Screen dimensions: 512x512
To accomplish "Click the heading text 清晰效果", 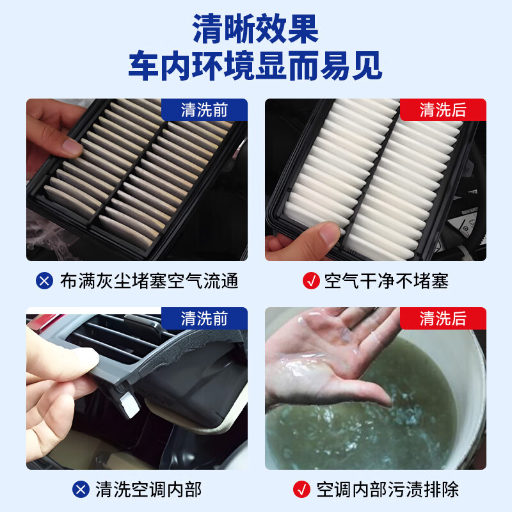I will click(x=255, y=29).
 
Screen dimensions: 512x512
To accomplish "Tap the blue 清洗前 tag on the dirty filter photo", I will click(x=204, y=109).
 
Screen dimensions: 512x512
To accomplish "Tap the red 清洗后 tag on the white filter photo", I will click(x=443, y=109).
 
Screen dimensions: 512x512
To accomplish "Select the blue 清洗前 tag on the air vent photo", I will click(x=204, y=318).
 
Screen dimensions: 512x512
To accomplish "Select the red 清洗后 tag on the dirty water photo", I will click(x=443, y=318).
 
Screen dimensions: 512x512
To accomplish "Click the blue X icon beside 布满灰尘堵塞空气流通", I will click(x=44, y=281).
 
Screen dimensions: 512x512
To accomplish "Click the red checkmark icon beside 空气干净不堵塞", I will click(x=310, y=281).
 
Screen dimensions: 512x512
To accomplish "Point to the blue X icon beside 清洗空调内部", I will click(x=81, y=490).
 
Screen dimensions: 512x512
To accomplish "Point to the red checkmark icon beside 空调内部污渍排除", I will click(x=301, y=490).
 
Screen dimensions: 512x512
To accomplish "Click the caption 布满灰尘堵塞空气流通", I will click(x=149, y=281).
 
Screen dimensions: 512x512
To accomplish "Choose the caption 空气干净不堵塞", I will click(x=387, y=281).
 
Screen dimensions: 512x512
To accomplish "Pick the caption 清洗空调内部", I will click(x=148, y=490).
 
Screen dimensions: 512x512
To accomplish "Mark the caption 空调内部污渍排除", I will click(x=388, y=490).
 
